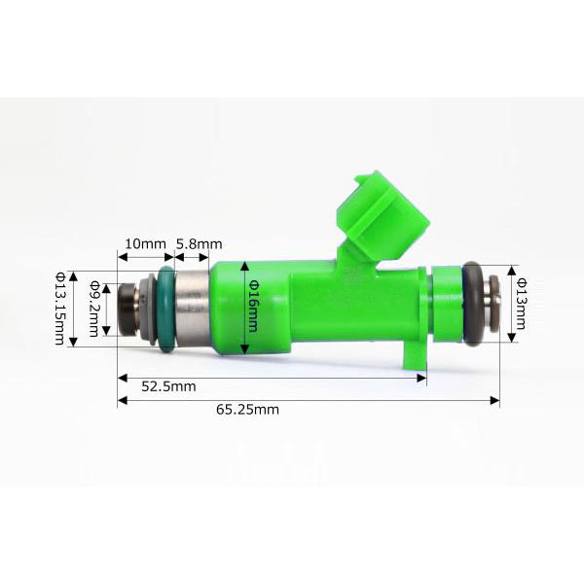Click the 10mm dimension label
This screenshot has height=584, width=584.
145,244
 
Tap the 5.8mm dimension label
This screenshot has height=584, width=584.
199,244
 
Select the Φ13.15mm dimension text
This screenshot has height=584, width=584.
60,309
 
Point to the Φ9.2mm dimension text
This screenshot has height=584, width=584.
94,309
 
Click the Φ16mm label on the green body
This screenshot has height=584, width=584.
253,306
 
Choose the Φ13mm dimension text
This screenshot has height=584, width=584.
521,304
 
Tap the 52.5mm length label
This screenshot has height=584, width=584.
168,386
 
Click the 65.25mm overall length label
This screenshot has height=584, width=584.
247,410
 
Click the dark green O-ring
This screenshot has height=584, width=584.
166,309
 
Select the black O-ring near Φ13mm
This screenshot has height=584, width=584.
473,303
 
